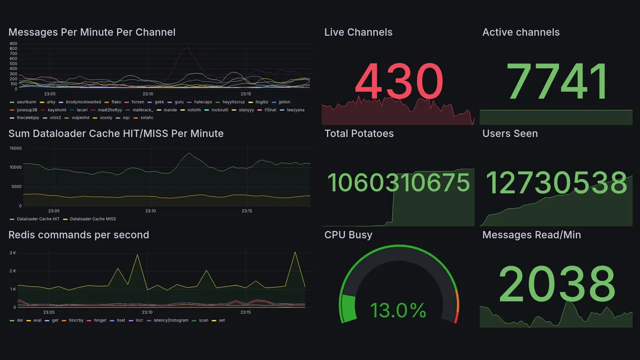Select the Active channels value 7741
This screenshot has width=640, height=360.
tap(557, 81)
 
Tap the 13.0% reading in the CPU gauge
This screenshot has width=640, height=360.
tap(398, 310)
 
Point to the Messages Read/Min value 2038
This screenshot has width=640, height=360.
tap(556, 283)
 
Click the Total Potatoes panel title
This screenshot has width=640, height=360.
tap(359, 133)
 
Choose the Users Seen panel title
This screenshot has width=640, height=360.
tap(510, 133)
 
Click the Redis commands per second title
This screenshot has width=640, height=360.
tap(78, 235)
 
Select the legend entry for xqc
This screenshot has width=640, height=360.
tap(126, 118)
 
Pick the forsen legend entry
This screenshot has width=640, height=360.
tap(137, 102)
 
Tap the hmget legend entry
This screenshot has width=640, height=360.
tap(100, 320)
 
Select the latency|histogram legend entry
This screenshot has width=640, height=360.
tap(171, 320)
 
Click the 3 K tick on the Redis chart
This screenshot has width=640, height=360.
tap(13, 253)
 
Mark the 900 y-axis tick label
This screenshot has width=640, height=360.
tap(13, 43)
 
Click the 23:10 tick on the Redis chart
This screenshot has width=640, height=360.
tap(147, 312)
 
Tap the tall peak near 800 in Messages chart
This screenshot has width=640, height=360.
tap(187, 47)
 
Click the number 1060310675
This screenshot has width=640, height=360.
tap(398, 182)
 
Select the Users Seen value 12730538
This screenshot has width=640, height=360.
tap(556, 182)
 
